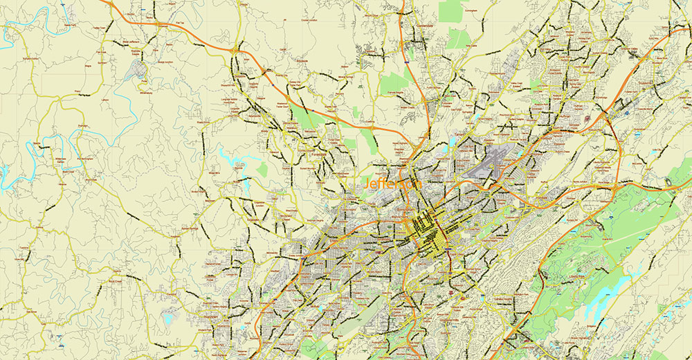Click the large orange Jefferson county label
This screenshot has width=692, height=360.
392,185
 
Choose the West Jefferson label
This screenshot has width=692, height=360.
129,42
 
